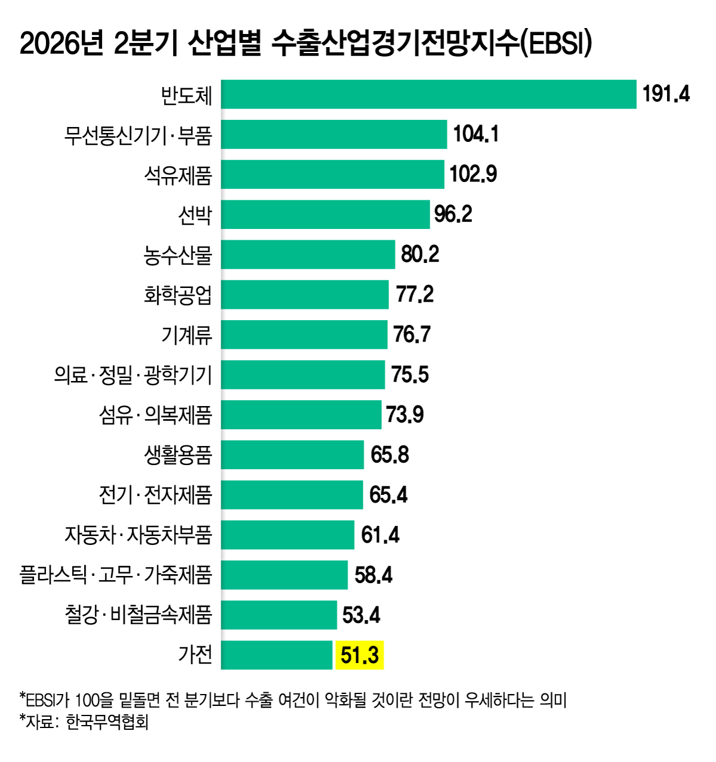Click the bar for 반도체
pos(428,94)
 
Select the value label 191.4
pos(666,94)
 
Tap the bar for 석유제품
pos(332,175)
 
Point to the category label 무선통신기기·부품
pos(138,135)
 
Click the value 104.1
pos(476,134)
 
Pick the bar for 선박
pos(325,215)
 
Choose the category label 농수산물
pos(178,255)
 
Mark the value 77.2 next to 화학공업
pos(414,295)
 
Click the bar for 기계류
pos(304,334)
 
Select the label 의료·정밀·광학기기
pos(133,375)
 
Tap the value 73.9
pos(405,414)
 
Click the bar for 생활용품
pos(292,455)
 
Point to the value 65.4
pos(388,495)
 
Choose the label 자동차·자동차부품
pos(138,535)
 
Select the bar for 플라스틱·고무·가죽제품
pos(284,575)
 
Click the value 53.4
pos(361,615)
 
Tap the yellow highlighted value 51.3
pos(360,655)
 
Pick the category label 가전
pos(195,655)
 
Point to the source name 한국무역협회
pos(107,723)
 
